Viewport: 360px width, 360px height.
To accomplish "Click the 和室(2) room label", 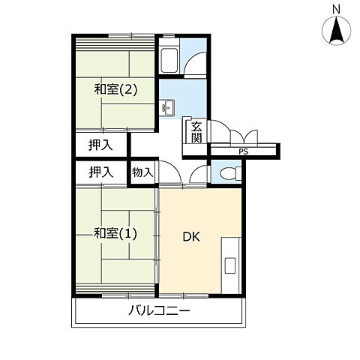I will point(115,90).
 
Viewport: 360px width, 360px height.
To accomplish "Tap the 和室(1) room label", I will point(115,233).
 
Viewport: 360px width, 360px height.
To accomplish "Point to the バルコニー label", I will point(158,310).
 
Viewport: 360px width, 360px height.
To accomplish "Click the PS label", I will point(242,152).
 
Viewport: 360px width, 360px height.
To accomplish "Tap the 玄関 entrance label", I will point(196,132).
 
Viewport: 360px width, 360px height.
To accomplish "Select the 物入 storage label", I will point(142,172).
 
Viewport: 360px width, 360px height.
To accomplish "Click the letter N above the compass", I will point(337,9).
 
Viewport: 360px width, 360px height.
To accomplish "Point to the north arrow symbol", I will point(337,31).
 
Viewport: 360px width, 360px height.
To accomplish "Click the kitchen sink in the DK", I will point(229,265).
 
